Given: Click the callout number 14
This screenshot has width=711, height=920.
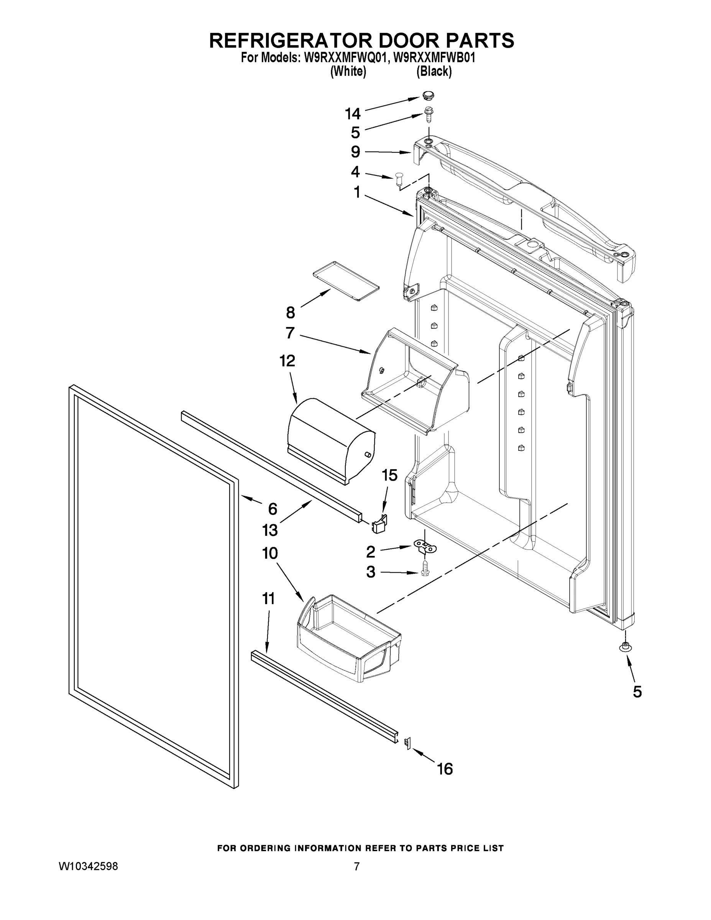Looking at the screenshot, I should click(x=353, y=114).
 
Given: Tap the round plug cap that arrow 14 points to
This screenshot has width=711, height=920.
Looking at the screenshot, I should click(x=429, y=97).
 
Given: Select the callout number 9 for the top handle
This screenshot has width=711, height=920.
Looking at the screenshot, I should click(x=356, y=152).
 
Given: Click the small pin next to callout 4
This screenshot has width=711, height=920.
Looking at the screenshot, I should click(x=399, y=179).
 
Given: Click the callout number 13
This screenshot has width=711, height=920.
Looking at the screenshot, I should click(x=269, y=530).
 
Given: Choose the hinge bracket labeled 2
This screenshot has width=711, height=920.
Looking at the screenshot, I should click(x=426, y=548).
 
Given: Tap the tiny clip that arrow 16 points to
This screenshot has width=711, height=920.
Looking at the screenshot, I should click(x=407, y=743).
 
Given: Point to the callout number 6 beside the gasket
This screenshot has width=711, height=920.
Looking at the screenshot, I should click(x=273, y=509).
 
